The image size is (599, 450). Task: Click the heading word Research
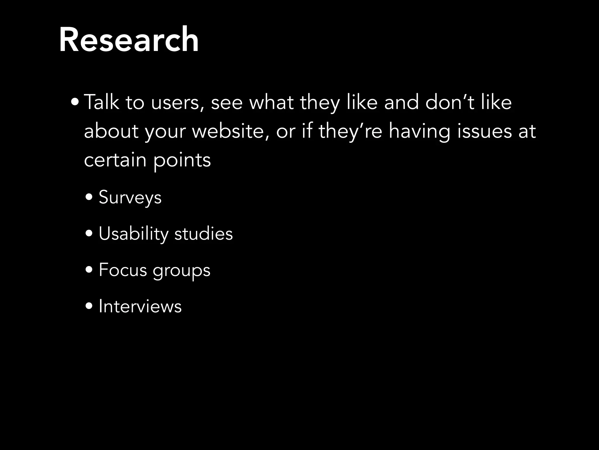tap(129, 40)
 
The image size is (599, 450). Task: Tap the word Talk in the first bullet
tap(101, 102)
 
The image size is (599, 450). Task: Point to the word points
tap(182, 161)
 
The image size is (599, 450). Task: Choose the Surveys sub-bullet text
tap(130, 197)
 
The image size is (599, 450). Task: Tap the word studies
tap(204, 233)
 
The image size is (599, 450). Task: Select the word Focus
tap(123, 270)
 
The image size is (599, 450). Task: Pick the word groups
tap(181, 271)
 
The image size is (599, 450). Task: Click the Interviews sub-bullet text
tap(140, 306)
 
